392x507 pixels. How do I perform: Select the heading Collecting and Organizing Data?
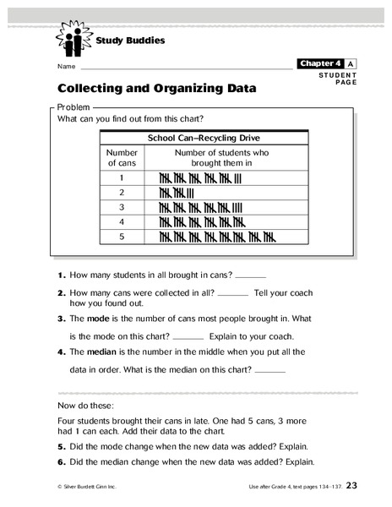tap(157, 87)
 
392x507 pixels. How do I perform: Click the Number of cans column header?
tap(122, 157)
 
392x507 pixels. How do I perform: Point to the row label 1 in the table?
tap(122, 178)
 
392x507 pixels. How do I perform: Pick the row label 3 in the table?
tap(122, 206)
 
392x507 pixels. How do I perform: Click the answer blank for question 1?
tap(250, 276)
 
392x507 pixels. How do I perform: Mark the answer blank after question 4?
tap(270, 371)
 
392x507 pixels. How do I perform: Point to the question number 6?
tap(62, 462)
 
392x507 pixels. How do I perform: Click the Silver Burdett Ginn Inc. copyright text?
tap(90, 488)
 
